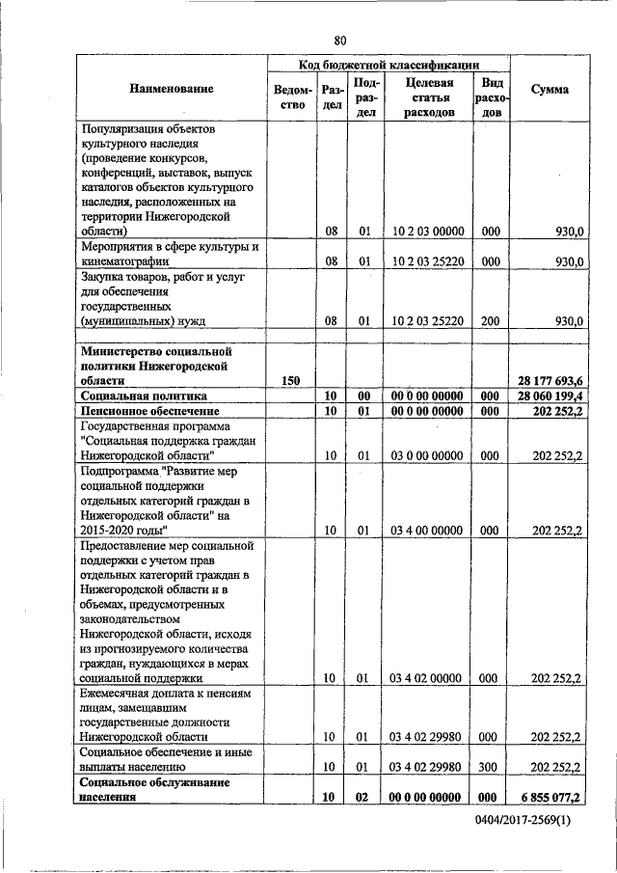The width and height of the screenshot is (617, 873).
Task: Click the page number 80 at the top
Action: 339,40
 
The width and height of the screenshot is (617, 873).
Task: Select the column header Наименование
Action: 171,89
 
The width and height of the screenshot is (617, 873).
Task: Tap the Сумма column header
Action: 549,89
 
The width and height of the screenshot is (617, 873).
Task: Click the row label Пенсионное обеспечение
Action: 147,411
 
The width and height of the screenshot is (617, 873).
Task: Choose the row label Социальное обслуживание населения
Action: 154,790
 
